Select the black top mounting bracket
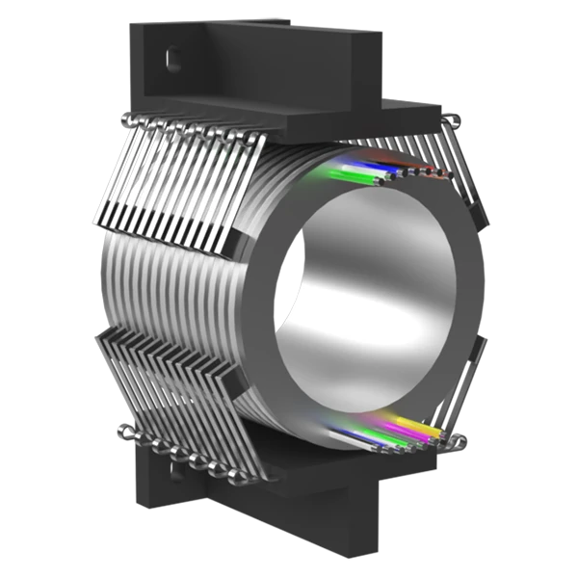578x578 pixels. point(260,58)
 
